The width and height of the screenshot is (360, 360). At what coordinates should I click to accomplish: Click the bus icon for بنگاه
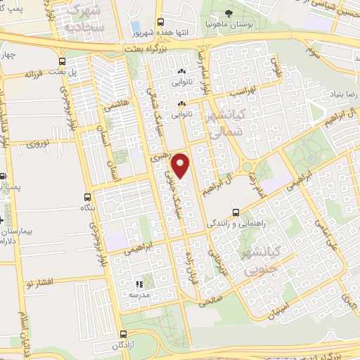(x=86, y=198)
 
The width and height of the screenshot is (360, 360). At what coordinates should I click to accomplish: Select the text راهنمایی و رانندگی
(x=235, y=224)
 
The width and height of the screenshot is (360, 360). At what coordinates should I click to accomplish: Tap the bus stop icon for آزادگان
(x=124, y=335)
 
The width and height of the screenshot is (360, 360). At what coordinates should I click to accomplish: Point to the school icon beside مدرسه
(x=139, y=285)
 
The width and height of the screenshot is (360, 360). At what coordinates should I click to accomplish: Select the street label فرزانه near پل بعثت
(x=34, y=73)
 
